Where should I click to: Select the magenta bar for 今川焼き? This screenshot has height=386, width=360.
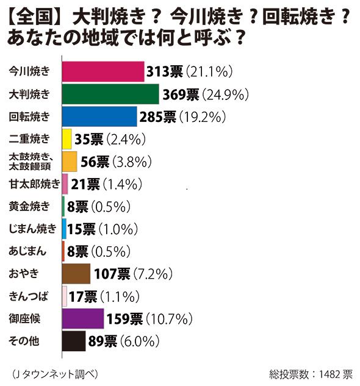coord(103,71)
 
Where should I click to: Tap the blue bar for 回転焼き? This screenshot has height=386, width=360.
coord(99,116)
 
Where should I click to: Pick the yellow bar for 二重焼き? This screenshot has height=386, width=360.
coord(67,139)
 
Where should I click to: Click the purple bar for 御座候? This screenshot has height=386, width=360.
coord(83,318)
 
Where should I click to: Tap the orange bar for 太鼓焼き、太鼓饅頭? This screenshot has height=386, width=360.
coord(70,162)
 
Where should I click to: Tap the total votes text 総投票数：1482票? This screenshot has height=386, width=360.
coord(309,373)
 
